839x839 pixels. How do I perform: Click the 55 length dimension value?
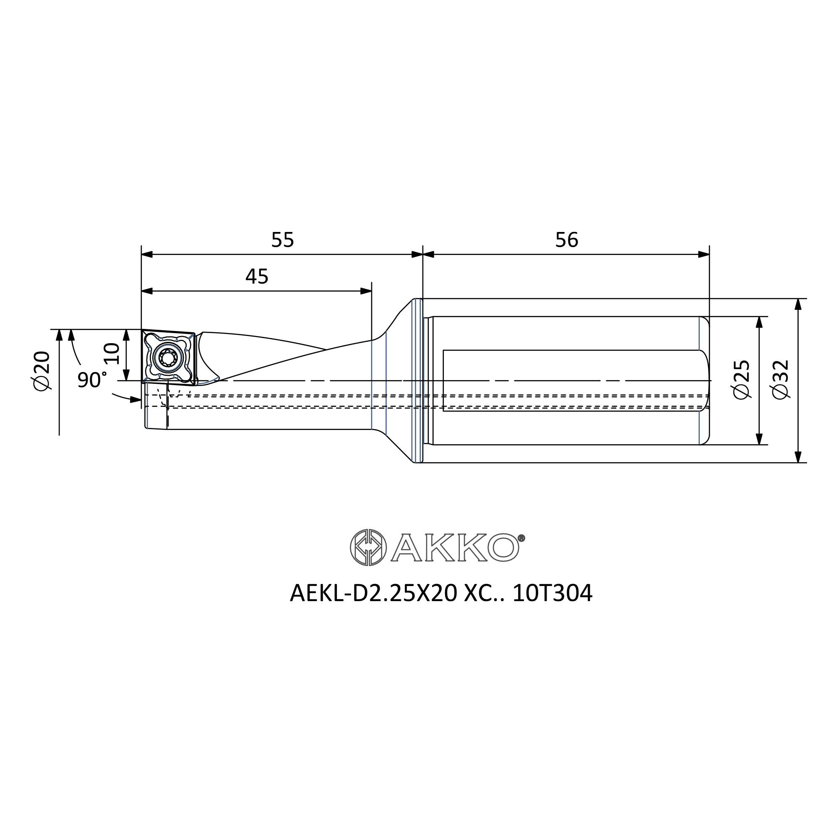[282, 240]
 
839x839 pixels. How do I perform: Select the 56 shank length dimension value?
[567, 240]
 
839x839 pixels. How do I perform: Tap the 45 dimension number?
[257, 276]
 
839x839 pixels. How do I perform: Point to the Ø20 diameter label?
[42, 370]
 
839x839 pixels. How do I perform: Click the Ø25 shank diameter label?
[741, 379]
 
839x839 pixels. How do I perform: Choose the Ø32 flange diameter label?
[780, 379]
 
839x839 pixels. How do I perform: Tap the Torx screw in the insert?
[168, 358]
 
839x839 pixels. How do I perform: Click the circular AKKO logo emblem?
[368, 547]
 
